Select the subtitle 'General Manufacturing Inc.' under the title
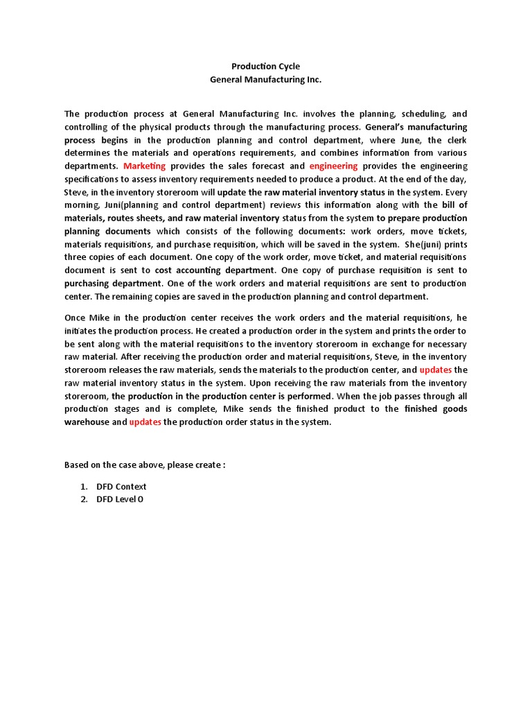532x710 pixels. click(266, 80)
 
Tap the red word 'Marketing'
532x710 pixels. click(145, 166)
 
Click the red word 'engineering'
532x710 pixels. click(333, 166)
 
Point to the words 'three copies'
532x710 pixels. click(89, 257)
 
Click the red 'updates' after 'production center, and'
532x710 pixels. click(436, 370)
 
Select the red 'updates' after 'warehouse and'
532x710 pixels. click(145, 422)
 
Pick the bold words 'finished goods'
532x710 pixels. click(436, 409)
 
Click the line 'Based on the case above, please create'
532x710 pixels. click(145, 465)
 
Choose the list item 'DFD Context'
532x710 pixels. click(121, 486)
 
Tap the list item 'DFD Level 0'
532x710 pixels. click(120, 499)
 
